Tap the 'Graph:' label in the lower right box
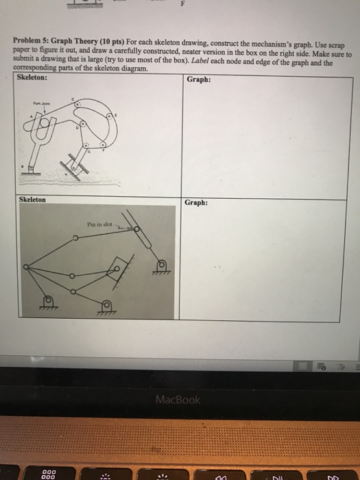(x=196, y=202)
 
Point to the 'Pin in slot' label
(x=100, y=223)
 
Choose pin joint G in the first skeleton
(x=85, y=146)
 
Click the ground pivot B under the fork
(x=30, y=167)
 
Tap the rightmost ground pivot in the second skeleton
(x=163, y=265)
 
